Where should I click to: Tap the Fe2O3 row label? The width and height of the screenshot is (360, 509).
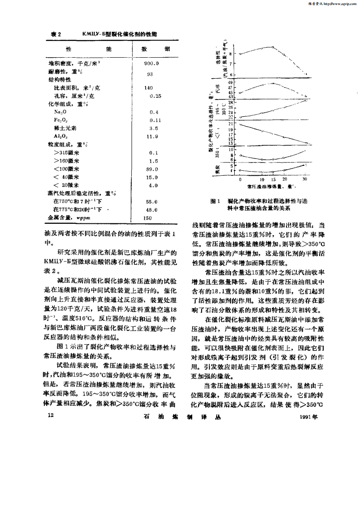point(61,120)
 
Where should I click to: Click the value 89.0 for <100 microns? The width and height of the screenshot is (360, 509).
point(152,169)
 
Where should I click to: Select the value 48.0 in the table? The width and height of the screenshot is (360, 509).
point(152,210)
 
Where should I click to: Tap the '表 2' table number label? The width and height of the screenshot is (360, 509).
point(55,34)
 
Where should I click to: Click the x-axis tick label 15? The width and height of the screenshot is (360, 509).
point(273,180)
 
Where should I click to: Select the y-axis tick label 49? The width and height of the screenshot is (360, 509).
point(231,82)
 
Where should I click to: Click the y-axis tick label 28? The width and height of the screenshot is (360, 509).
point(231,102)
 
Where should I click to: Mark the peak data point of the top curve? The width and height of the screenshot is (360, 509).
point(273,47)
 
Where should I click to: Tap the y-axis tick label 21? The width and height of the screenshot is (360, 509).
point(231,124)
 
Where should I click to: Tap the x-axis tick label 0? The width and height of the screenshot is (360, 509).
point(240,180)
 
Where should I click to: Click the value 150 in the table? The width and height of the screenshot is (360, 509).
point(148,218)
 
